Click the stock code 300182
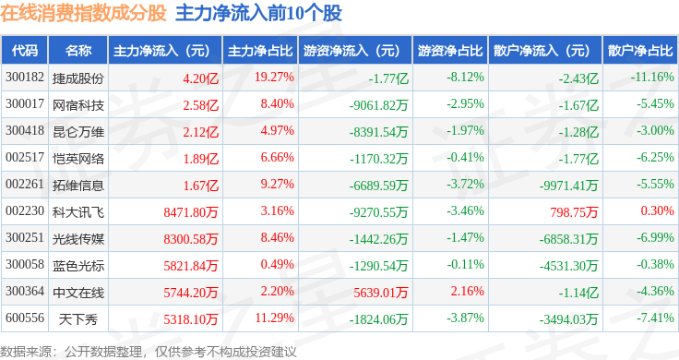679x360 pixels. (x=25, y=78)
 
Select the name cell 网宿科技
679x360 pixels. (x=78, y=105)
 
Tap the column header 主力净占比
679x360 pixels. (x=260, y=51)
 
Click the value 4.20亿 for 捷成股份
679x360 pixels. (x=200, y=78)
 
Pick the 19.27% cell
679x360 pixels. (x=274, y=78)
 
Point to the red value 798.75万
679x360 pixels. (x=574, y=211)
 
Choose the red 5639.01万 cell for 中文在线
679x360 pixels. (x=381, y=293)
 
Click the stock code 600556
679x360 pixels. (x=25, y=318)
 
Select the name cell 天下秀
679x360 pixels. (x=78, y=319)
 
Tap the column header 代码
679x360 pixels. (x=25, y=51)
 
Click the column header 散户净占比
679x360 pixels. (x=640, y=51)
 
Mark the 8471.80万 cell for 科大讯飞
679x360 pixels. (x=191, y=211)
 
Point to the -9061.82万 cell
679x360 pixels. (x=378, y=105)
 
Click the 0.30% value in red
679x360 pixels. (x=658, y=211)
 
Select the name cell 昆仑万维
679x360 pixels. (x=78, y=132)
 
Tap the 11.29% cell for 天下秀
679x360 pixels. (x=275, y=318)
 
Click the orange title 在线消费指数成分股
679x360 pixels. (x=83, y=13)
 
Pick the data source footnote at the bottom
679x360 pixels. (x=149, y=352)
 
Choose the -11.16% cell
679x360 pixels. (x=652, y=78)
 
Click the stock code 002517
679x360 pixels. (x=25, y=157)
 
